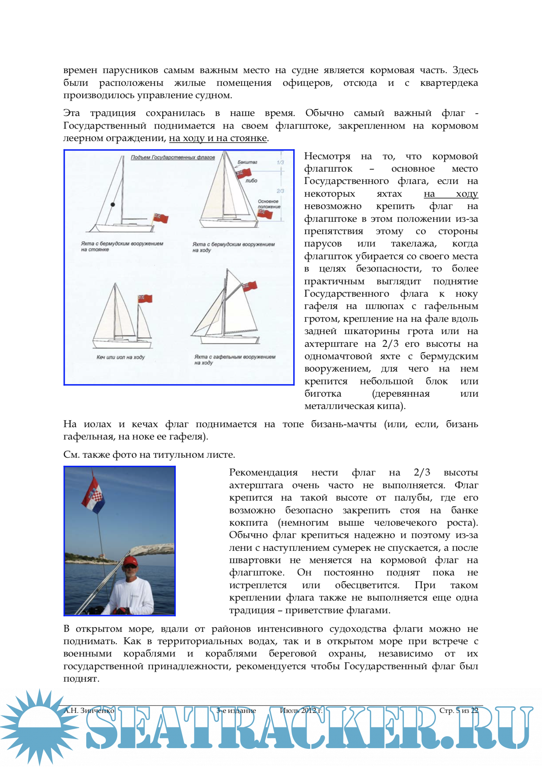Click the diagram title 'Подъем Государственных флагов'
click(173, 157)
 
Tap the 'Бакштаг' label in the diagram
click(247, 162)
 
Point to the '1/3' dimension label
click(280, 162)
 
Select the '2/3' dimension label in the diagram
click(280, 191)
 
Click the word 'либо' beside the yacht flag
click(251, 180)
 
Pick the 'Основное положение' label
click(269, 204)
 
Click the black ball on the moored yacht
click(113, 205)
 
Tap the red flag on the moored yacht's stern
click(160, 218)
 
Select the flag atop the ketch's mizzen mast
click(145, 298)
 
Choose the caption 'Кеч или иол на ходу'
click(120, 357)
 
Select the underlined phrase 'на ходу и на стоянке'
click(218, 138)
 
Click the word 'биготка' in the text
click(323, 393)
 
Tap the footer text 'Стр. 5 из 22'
click(458, 710)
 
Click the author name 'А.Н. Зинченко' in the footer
click(89, 710)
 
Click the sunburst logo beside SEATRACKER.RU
click(39, 727)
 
